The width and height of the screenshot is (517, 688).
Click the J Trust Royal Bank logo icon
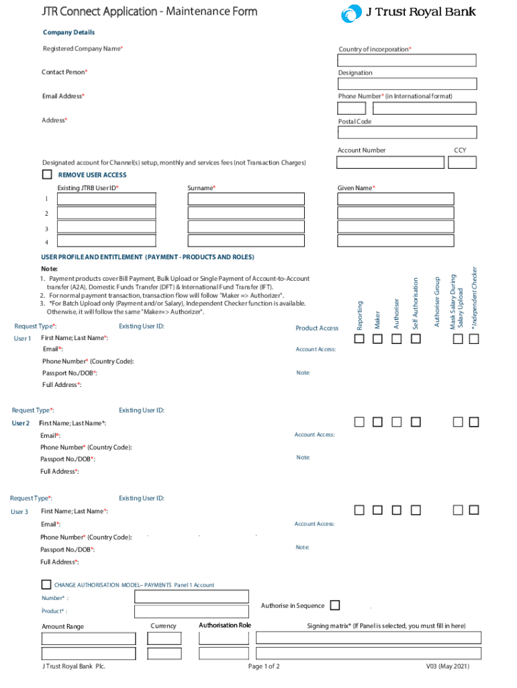pos(350,13)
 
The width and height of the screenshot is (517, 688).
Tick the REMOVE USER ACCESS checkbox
pos(46,175)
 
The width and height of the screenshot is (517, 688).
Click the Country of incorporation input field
pos(407,60)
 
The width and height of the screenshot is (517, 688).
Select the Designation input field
pos(407,84)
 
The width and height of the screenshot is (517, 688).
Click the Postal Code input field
pos(407,132)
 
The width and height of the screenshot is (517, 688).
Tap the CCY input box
pos(463,162)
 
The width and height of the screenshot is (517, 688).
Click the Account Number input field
pos(390,162)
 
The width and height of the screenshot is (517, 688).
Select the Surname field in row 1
pos(246,199)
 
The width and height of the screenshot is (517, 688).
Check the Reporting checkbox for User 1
pos(360,339)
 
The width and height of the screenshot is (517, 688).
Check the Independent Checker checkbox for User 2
pos(474,422)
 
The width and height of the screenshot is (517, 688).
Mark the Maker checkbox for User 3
pos(378,510)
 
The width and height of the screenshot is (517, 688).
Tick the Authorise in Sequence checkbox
pos(335,605)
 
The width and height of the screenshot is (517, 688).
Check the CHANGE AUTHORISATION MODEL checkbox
pos(46,585)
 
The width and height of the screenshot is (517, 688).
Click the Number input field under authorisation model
pos(191,597)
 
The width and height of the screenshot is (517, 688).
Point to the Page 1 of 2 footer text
pos(264,666)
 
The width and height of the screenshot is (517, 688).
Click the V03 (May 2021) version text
pos(448,666)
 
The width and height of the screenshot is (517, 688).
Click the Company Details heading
pos(68,32)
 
